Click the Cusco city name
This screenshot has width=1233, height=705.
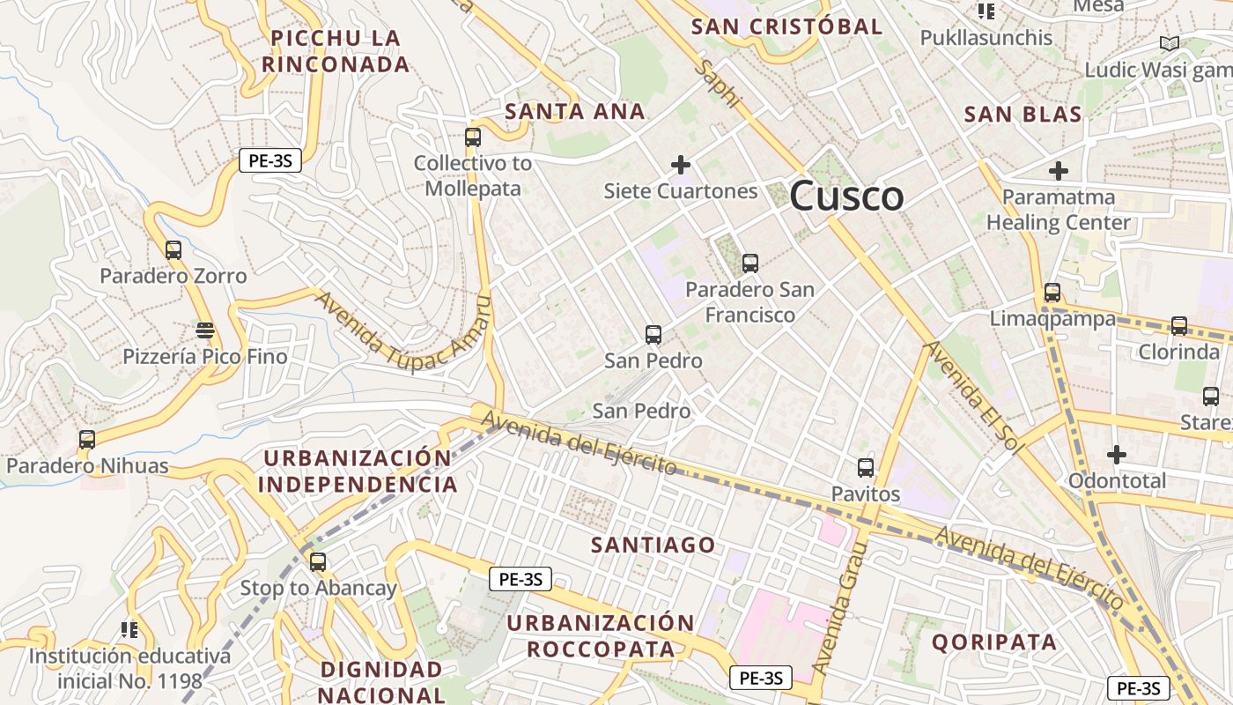tap(846, 196)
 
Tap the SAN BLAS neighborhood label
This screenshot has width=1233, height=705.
tap(1023, 114)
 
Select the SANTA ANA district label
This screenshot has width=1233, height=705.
tap(575, 112)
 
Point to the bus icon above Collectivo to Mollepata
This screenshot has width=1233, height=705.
tap(473, 137)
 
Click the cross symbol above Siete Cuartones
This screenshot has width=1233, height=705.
tap(680, 165)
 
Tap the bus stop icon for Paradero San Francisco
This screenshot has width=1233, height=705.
tap(750, 263)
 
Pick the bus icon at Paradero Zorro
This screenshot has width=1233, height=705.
tap(174, 250)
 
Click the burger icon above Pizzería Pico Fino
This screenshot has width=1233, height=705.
tap(205, 330)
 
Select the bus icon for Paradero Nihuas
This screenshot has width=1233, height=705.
tap(86, 439)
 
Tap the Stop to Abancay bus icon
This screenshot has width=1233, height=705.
tap(318, 561)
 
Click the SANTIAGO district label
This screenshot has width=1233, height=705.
tap(653, 545)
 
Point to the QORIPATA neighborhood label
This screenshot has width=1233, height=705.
tap(994, 642)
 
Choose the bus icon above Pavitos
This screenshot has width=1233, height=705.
tap(866, 468)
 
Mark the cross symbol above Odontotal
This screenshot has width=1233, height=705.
tap(1117, 455)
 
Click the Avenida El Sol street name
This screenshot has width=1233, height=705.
tap(974, 397)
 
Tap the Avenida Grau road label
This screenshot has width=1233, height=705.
tap(840, 608)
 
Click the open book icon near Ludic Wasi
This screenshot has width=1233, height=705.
tap(1169, 43)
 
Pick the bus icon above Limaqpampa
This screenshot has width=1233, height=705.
tap(1052, 293)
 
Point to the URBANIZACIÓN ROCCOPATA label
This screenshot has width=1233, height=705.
tap(601, 636)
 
